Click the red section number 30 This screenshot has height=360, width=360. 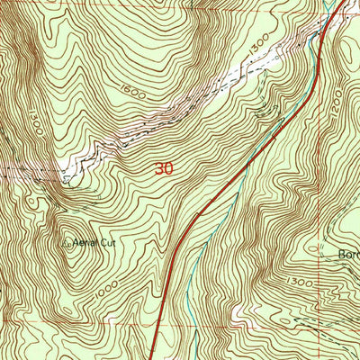point(163,168)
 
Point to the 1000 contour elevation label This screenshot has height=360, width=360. point(106,285)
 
